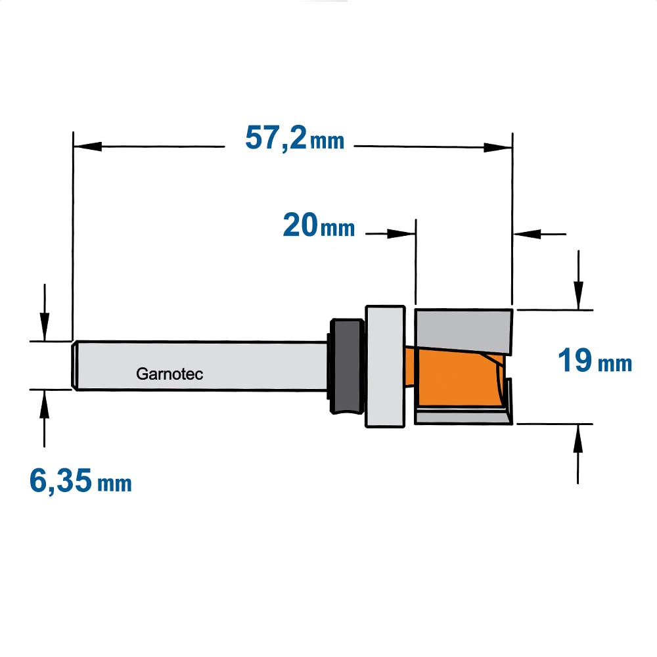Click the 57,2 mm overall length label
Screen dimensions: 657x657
294,138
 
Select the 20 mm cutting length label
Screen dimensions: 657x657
319,225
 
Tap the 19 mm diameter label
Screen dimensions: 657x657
595,360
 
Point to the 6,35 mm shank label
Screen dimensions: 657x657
80,481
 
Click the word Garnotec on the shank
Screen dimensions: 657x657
170,374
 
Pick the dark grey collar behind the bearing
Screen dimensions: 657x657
346,366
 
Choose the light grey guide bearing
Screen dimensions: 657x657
385,366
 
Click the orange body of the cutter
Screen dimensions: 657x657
457,377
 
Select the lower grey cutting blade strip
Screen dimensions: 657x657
463,418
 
